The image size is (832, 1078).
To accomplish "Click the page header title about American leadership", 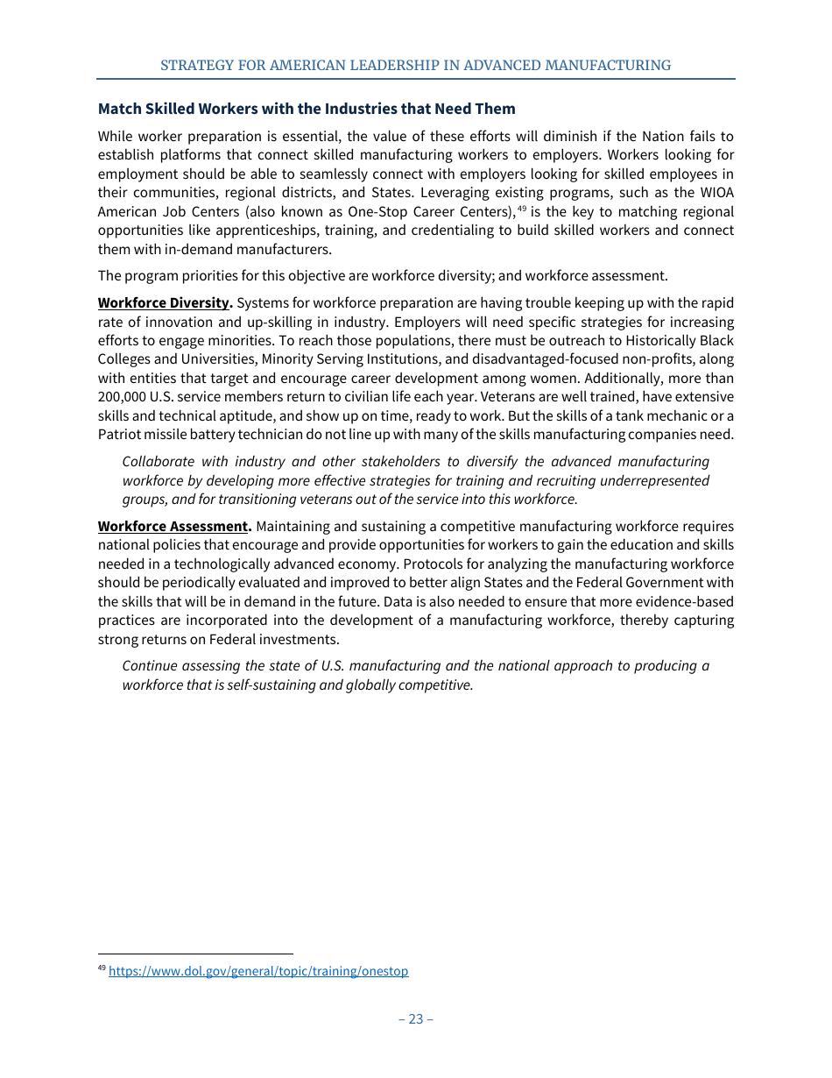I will [x=415, y=66].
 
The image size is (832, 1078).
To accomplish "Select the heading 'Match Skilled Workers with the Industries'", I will [x=307, y=109].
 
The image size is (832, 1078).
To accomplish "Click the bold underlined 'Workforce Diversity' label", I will [x=164, y=303].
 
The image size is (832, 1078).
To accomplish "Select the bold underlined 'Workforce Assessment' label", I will [x=173, y=527].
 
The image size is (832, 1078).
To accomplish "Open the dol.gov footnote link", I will [x=258, y=971].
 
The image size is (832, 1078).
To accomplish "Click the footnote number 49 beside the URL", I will [x=102, y=968].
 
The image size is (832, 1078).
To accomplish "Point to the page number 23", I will [x=415, y=1018].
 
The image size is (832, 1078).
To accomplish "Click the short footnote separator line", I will [x=195, y=954].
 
